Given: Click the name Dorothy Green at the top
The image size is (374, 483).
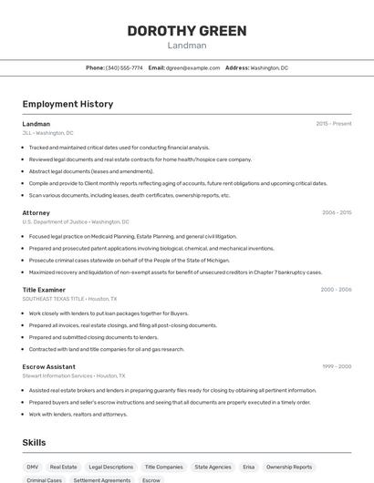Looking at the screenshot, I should point(186,31).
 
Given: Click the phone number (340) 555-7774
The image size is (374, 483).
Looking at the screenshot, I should point(124,67).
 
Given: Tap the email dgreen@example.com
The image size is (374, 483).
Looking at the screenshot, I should point(192,67).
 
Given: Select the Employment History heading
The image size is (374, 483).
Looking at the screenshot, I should point(68,104).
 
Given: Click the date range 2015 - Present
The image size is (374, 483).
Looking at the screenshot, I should point(334,123).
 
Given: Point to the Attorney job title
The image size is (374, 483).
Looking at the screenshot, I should point(36,212).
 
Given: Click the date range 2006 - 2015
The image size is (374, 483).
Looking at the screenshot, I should point(337,212).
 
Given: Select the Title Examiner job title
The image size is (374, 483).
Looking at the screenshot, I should point(43,289).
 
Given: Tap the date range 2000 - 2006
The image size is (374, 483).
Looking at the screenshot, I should point(336,289).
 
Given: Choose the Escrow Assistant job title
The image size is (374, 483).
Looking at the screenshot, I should point(49,366).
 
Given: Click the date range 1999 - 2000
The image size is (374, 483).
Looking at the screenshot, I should point(336,366).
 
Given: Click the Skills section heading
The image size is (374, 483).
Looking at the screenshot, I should point(35,442).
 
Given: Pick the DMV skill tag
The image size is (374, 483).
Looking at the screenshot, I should point(33,467).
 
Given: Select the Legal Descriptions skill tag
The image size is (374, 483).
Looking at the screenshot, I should point(110,467).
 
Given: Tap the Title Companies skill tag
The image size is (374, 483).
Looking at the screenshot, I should point(163,467).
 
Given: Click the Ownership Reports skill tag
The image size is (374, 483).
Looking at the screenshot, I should point(289,467).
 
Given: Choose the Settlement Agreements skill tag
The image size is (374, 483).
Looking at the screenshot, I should point(102,479).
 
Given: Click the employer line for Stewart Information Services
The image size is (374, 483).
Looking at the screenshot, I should point(74,375).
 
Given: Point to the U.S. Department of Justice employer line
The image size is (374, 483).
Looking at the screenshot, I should point(76,221).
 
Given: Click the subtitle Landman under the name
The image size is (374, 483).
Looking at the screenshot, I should point(186,46).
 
